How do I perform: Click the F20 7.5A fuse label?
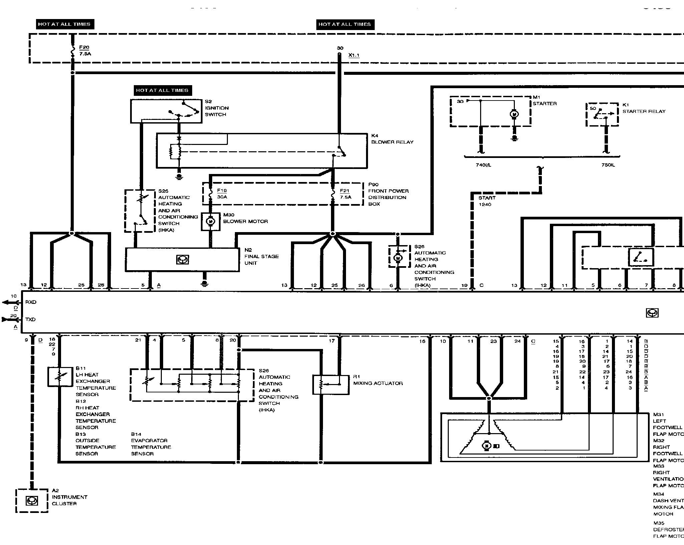(85, 50)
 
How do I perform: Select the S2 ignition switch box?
(166, 111)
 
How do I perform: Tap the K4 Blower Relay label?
(392, 139)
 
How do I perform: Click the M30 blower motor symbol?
(211, 221)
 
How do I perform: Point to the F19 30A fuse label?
(222, 194)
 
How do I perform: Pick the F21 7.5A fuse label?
(345, 194)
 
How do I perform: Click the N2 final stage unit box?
(182, 259)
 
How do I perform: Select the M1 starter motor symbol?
(514, 115)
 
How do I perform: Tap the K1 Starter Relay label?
(643, 108)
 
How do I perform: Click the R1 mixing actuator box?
(331, 385)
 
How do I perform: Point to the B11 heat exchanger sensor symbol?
(60, 377)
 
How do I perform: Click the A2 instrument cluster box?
(32, 501)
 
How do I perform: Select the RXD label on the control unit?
(31, 302)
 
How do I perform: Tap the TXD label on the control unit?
(30, 320)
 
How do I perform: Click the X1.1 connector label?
(354, 55)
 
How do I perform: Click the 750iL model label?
(608, 165)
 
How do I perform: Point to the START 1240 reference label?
(487, 201)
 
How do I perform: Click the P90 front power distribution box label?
(388, 194)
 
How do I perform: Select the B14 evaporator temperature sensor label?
(150, 444)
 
